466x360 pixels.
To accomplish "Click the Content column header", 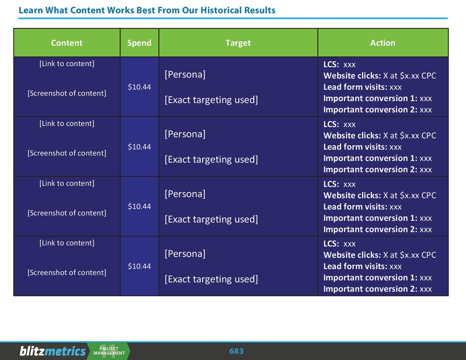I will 67,43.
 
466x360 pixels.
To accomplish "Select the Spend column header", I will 139,43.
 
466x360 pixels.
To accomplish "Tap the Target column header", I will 238,43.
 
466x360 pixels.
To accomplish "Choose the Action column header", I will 383,43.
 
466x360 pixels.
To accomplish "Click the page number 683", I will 237,351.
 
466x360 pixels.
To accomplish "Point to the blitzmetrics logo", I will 53,351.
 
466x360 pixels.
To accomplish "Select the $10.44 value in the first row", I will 139,87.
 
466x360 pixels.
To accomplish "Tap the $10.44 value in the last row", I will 139,266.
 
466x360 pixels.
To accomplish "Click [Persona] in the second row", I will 185,134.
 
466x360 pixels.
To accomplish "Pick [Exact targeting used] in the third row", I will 211,219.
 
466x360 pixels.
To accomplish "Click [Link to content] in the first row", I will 67,64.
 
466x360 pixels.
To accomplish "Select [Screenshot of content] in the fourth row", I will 67,273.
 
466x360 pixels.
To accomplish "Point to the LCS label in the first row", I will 331,64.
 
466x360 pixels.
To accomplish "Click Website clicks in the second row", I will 352,135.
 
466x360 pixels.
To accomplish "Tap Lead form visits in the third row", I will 355,206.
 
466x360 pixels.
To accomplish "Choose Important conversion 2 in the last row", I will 370,289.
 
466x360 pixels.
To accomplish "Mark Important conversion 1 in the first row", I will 370,98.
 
